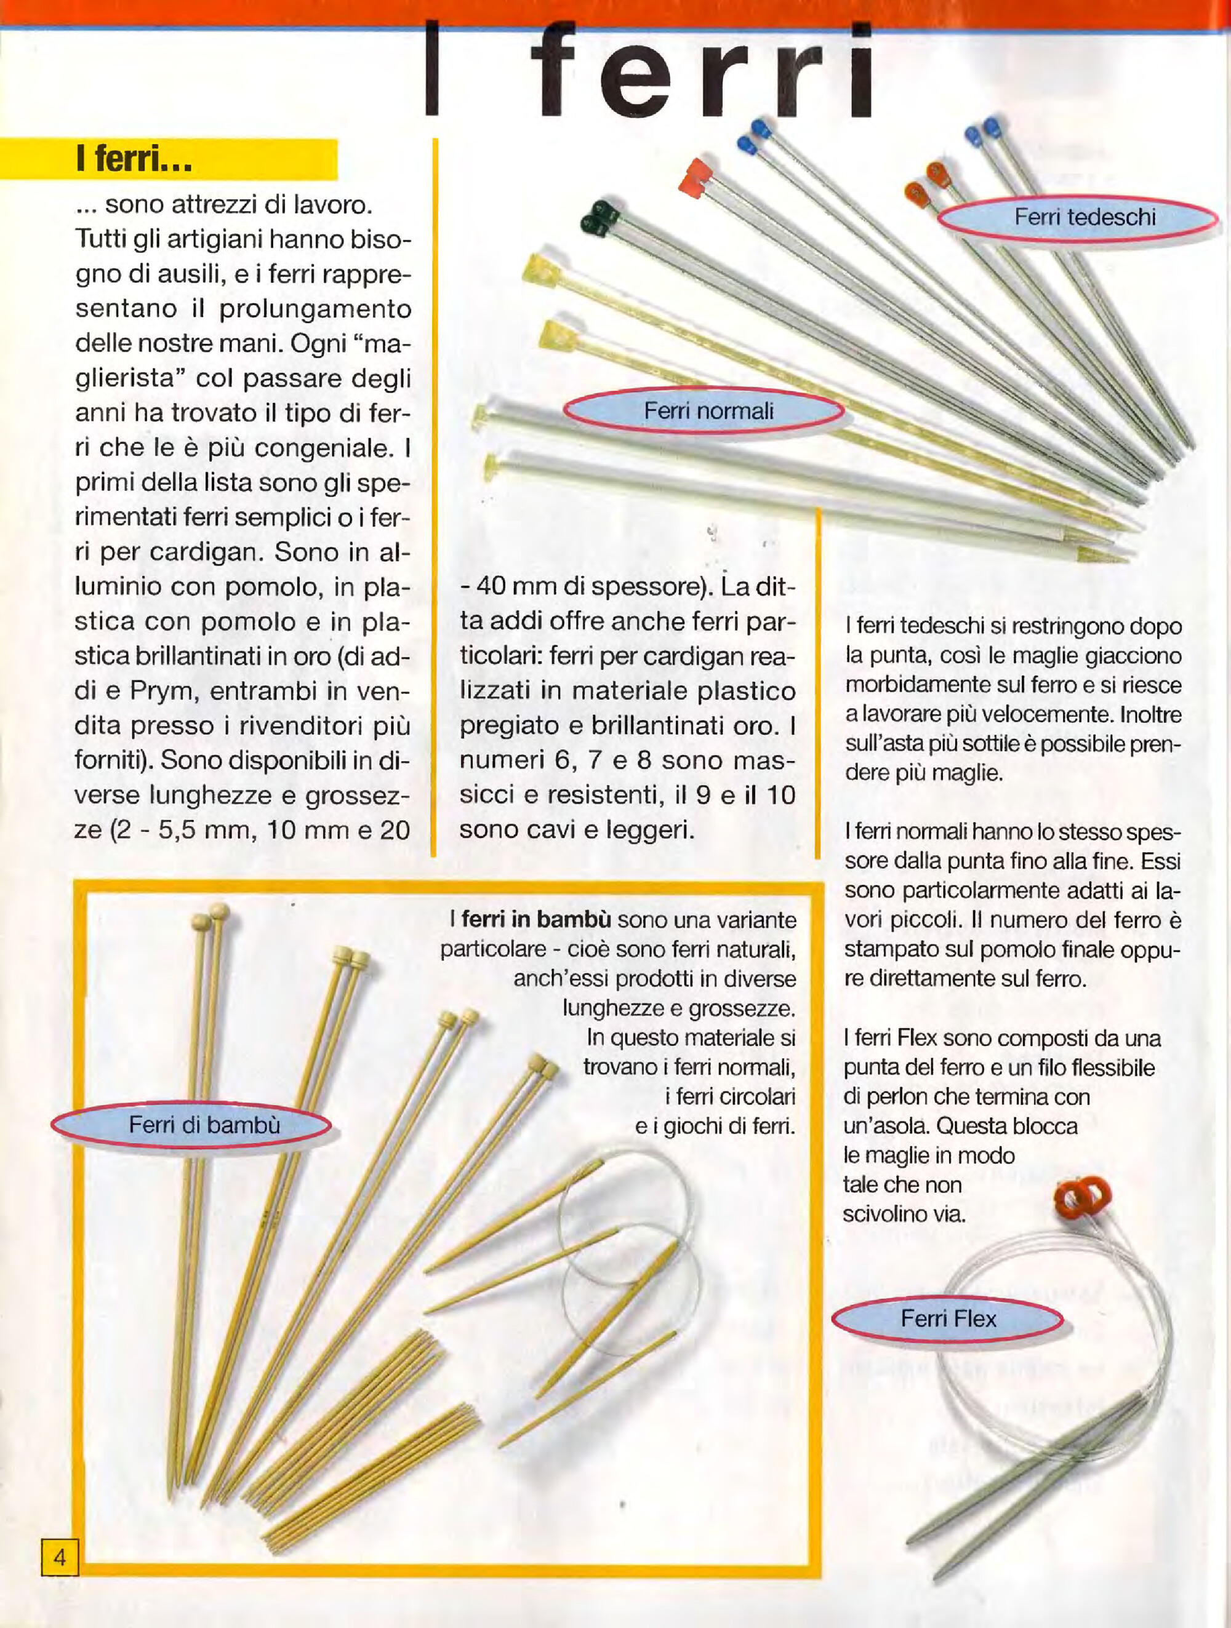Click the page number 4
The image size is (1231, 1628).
coord(59,1557)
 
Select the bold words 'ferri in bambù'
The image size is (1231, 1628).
coord(536,920)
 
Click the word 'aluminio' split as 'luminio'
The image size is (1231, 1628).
coord(119,586)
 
